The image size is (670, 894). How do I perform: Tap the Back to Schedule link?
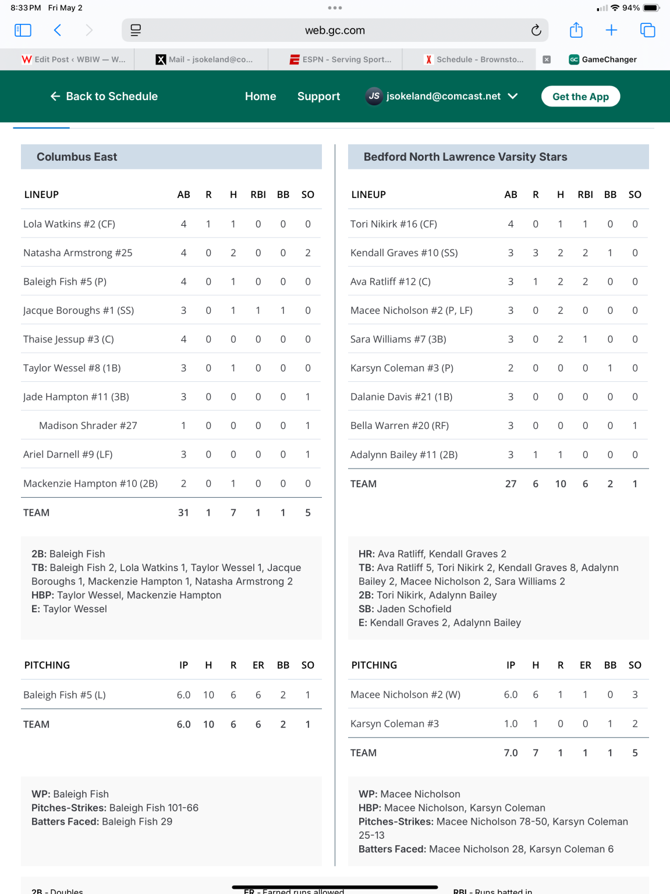(105, 97)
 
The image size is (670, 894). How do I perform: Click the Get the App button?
(580, 97)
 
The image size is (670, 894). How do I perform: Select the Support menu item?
(318, 97)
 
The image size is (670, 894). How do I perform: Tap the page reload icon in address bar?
(536, 30)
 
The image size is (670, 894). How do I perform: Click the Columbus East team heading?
(77, 157)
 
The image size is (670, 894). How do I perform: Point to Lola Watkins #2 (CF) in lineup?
(69, 224)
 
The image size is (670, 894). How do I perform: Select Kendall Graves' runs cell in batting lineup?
(536, 253)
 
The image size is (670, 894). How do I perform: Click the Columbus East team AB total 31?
(183, 513)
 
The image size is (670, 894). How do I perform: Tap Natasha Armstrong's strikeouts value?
(308, 253)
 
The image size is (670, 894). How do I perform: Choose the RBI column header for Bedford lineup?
(585, 195)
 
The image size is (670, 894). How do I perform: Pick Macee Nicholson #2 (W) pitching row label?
(405, 694)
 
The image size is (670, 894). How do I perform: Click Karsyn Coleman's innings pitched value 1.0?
(511, 723)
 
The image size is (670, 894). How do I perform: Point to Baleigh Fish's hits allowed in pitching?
(208, 695)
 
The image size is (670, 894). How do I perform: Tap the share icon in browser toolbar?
(576, 30)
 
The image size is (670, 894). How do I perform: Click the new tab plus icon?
(611, 30)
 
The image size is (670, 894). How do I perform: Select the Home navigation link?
(260, 97)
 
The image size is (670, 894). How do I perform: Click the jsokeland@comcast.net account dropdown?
(442, 97)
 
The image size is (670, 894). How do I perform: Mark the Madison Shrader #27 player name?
(88, 425)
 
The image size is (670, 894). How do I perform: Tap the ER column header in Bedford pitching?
(585, 665)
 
